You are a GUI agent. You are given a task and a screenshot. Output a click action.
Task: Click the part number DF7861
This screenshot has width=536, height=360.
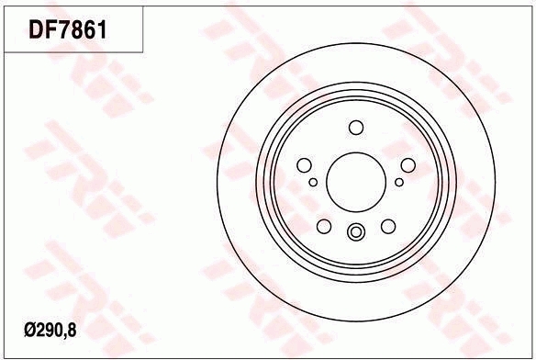(x=69, y=30)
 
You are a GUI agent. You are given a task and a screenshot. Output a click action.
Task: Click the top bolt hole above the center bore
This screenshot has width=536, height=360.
(x=356, y=128)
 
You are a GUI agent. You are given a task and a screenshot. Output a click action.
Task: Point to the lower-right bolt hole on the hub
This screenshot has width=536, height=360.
(x=387, y=226)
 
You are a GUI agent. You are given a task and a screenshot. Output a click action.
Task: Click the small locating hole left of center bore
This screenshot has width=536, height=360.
(x=313, y=182)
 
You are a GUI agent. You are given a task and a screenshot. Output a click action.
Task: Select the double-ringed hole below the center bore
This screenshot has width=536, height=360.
(x=356, y=233)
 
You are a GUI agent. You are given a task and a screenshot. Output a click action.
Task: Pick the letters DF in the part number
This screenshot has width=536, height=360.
(x=42, y=30)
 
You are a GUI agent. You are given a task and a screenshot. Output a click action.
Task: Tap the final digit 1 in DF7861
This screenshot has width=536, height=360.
(x=103, y=30)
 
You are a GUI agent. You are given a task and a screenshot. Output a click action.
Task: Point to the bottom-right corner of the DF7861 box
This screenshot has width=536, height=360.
(x=142, y=51)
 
